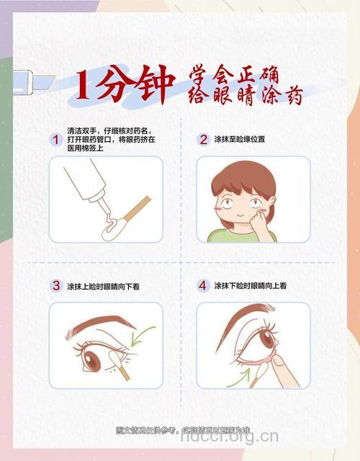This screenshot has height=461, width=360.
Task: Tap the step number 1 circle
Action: coord(55,139)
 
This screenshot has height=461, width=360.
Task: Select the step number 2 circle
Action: coord(203,139)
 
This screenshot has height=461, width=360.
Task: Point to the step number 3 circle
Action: coord(55,285)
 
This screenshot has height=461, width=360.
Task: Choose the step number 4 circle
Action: coord(203,285)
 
